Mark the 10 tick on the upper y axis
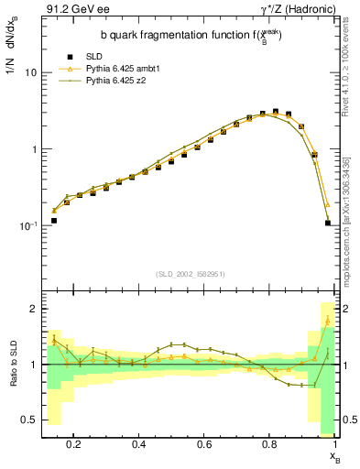coord(30,71)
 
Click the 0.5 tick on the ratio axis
coord(28,420)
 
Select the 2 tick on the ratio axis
coord(33,309)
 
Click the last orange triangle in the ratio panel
coord(328,321)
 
